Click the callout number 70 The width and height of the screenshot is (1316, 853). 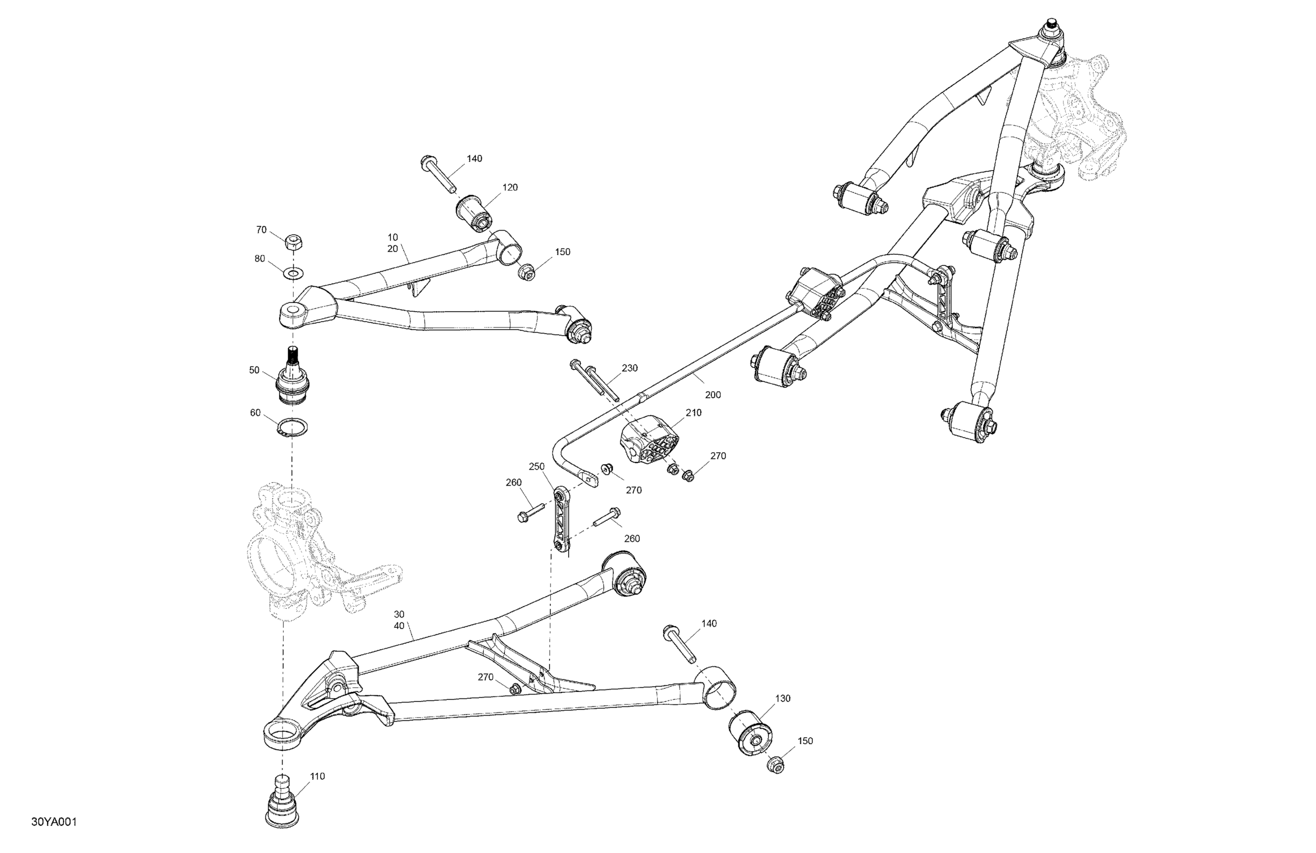[x=261, y=229]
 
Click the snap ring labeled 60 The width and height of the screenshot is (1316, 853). [x=293, y=427]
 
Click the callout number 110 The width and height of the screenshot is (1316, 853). [x=317, y=776]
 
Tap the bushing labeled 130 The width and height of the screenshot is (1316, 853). [x=750, y=734]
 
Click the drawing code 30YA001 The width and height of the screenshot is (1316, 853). [x=54, y=821]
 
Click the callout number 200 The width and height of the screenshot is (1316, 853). [x=713, y=395]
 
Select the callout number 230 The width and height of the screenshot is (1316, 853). [x=629, y=368]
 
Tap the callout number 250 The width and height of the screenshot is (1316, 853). [x=537, y=466]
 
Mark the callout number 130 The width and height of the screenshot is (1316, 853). [x=782, y=698]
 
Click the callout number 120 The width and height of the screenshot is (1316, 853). [x=510, y=187]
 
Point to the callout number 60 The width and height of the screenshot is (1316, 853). [x=255, y=412]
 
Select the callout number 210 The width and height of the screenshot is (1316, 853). [x=694, y=412]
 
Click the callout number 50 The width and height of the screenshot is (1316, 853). [x=254, y=370]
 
